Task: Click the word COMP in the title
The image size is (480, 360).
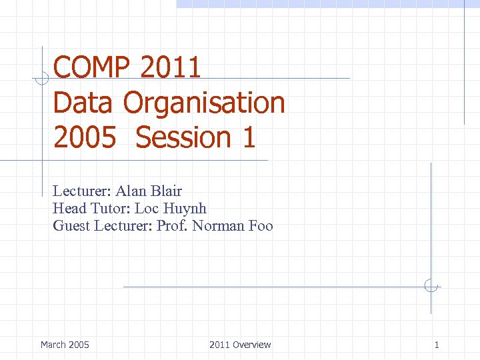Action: tap(93, 68)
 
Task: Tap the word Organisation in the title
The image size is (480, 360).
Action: tap(204, 103)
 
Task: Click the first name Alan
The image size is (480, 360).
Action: tap(131, 191)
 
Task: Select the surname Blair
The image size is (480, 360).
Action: tap(166, 191)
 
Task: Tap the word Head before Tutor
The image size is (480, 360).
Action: tap(69, 209)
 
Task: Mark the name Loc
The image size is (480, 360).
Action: tap(147, 209)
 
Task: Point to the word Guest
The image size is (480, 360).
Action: tap(72, 226)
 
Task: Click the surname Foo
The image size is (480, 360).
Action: tap(260, 226)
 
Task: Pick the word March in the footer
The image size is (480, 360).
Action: tap(53, 345)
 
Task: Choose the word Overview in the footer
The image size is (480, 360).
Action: tap(252, 345)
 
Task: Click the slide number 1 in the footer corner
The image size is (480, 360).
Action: tap(437, 345)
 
